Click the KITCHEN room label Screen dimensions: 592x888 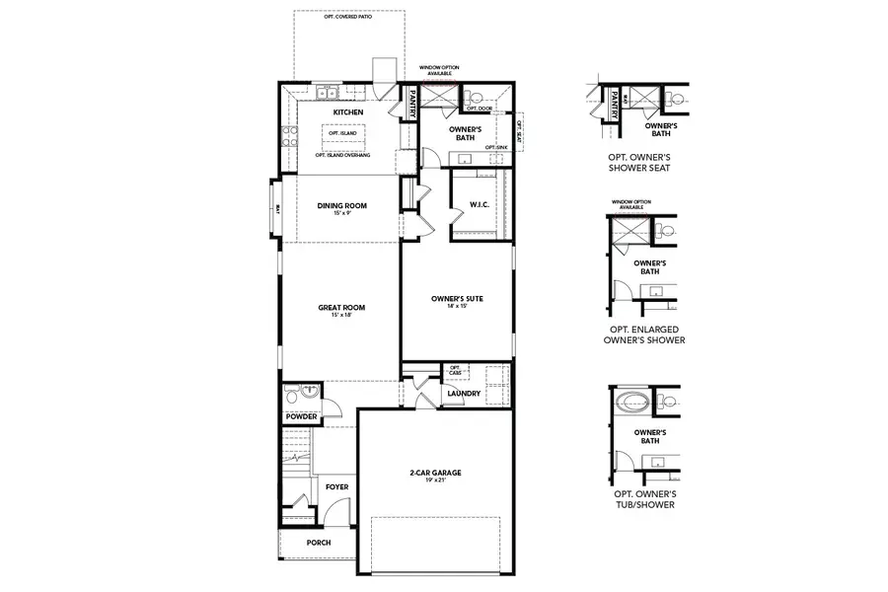[348, 113]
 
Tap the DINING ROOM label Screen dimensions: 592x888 [341, 205]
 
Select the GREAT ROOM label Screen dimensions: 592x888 [341, 308]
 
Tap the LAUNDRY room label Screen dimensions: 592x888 [463, 394]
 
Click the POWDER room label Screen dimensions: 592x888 [302, 417]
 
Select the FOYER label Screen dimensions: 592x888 [336, 486]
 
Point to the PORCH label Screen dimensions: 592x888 [318, 543]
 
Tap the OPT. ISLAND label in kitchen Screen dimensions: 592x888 [341, 133]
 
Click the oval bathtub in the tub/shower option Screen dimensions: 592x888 [629, 403]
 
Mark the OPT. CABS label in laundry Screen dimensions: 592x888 [455, 369]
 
